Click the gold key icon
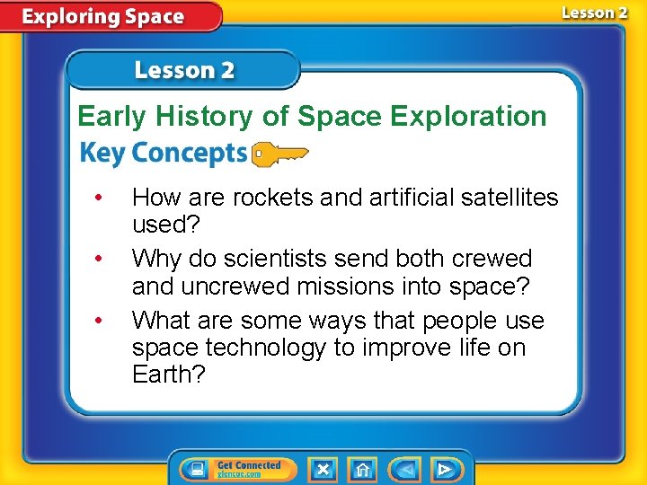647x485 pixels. coord(279,154)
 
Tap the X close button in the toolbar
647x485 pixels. coord(323,469)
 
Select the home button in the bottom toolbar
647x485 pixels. coord(363,469)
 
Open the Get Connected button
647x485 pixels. coord(232,469)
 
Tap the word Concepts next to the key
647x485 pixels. coord(189,154)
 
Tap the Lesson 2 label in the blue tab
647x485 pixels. coord(184,71)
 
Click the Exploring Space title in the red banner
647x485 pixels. coord(103,17)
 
